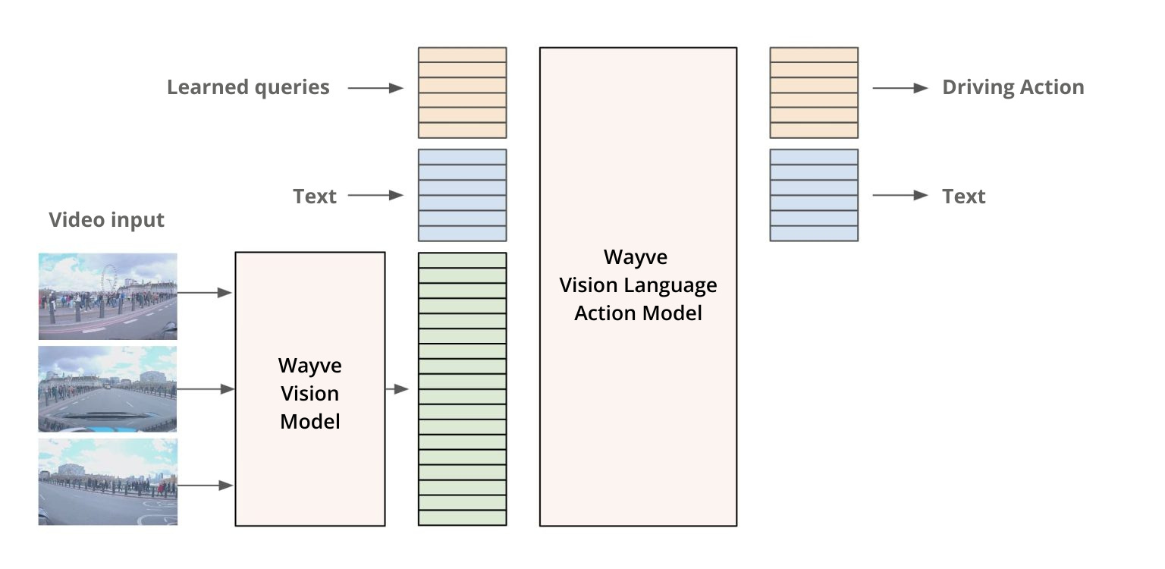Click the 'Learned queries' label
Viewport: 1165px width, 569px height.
click(x=248, y=87)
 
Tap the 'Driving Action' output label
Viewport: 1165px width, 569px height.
click(x=1013, y=87)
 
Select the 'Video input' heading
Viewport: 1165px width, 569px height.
click(x=106, y=220)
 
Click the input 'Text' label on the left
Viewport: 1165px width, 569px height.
click(x=314, y=196)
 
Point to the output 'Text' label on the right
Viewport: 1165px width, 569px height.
click(x=963, y=196)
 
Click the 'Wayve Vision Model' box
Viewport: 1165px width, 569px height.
click(x=310, y=388)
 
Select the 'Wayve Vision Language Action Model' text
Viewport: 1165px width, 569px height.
click(x=638, y=284)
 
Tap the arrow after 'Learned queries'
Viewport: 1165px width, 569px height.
click(x=375, y=88)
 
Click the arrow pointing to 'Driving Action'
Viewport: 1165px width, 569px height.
click(x=900, y=88)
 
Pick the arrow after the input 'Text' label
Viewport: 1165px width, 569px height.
click(x=375, y=196)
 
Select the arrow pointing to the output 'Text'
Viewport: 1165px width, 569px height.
click(x=900, y=196)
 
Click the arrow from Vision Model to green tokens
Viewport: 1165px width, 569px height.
click(x=397, y=389)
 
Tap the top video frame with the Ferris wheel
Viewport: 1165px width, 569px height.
click(x=108, y=296)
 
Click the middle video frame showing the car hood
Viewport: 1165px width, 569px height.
click(x=108, y=389)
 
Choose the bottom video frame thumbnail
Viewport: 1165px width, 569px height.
click(x=108, y=482)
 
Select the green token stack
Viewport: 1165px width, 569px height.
click(x=462, y=388)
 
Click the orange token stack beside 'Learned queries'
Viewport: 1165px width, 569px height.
click(x=462, y=93)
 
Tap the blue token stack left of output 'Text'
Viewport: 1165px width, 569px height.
click(x=814, y=195)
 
